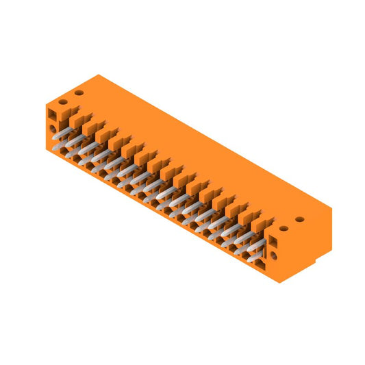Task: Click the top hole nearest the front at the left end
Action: pyautogui.click(x=62, y=102)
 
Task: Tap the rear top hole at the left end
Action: pyautogui.click(x=79, y=92)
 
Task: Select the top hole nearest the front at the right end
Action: pyautogui.click(x=283, y=229)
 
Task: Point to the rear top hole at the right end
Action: pyautogui.click(x=299, y=219)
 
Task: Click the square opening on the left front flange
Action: pyautogui.click(x=52, y=112)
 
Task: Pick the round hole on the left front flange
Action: pyautogui.click(x=53, y=128)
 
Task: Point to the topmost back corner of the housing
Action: pyautogui.click(x=99, y=75)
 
